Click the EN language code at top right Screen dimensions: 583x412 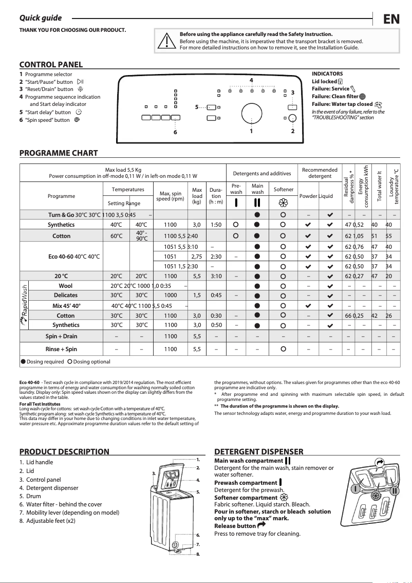coord(391,20)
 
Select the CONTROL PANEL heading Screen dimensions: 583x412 coord(51,65)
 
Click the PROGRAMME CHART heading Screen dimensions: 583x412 coord(58,153)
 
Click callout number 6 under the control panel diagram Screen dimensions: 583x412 coord(175,132)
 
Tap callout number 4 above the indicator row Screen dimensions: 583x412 coord(251,80)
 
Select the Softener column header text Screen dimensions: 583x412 coord(283,189)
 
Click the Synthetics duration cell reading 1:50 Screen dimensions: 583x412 coord(216,225)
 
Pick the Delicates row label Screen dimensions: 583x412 coord(66,295)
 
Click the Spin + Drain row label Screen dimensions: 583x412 coord(61,337)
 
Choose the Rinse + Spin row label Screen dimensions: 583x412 coord(61,349)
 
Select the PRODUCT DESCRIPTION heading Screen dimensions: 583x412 coord(64,452)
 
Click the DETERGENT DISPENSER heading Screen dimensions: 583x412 coord(258,452)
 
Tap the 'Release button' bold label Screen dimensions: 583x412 coord(235,526)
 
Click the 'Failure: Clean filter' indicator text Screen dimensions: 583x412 coord(335,96)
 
